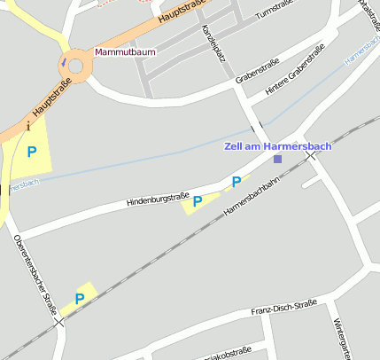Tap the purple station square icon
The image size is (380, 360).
pos(277,159)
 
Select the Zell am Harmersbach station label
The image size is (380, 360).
pos(277,145)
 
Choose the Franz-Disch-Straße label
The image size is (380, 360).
pos(283,307)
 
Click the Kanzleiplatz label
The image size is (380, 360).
pos(213,43)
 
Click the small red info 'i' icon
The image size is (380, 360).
pos(29,127)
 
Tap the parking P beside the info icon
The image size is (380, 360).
pos(32,152)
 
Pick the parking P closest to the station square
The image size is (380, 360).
pos(236,182)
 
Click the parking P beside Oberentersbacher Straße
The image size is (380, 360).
pos(79,299)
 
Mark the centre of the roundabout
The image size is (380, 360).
pos(75,64)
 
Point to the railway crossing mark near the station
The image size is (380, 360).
pos(310,155)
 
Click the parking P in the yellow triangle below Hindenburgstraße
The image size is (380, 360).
pos(198,201)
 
